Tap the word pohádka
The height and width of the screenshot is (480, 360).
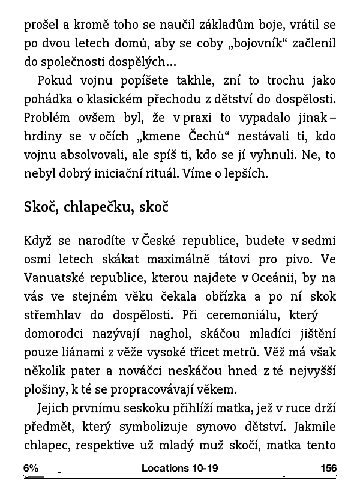pos(47,98)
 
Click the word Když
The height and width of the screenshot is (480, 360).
pos(38,241)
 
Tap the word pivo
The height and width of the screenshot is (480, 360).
pos(308,260)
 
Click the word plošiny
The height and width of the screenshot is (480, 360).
pos(43,389)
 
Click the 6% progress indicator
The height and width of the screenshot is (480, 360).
pos(31,468)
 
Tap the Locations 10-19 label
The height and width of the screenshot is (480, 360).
pos(179,468)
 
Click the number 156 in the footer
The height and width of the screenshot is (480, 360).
pos(328,468)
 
